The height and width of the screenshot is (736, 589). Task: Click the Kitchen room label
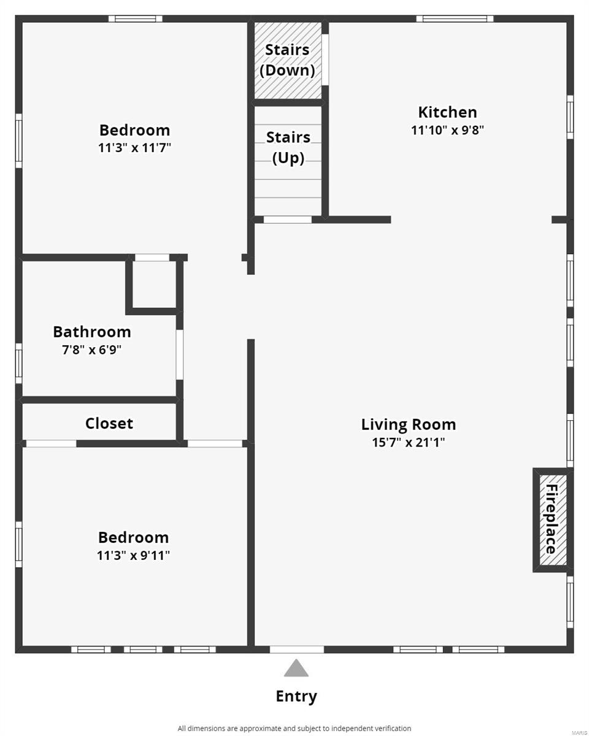tap(447, 112)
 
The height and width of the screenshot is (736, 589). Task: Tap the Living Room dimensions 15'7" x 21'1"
tap(408, 442)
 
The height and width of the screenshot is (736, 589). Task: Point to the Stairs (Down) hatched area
tap(288, 59)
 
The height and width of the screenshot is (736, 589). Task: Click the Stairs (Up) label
tap(288, 147)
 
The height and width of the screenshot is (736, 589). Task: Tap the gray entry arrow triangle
tap(296, 669)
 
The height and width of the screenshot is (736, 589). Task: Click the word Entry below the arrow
tap(296, 696)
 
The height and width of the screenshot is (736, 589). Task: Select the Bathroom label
tap(92, 332)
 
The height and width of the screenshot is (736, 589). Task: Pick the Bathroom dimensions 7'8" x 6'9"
tap(92, 350)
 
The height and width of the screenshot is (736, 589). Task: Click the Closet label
tap(109, 423)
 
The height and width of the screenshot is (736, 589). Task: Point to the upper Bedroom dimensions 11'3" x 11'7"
tap(134, 148)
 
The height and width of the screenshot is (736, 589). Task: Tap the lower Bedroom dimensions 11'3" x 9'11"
tap(133, 556)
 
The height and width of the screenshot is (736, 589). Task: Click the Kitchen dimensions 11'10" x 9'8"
tap(448, 130)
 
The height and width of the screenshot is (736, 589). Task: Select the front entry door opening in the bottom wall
tap(296, 649)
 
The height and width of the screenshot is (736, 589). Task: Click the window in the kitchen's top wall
tap(455, 18)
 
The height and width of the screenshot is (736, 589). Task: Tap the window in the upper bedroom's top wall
tap(136, 18)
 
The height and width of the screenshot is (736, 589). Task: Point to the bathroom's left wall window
tap(19, 363)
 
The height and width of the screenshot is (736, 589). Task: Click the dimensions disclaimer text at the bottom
tap(294, 728)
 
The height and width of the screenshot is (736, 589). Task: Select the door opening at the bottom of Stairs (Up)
tap(287, 219)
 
